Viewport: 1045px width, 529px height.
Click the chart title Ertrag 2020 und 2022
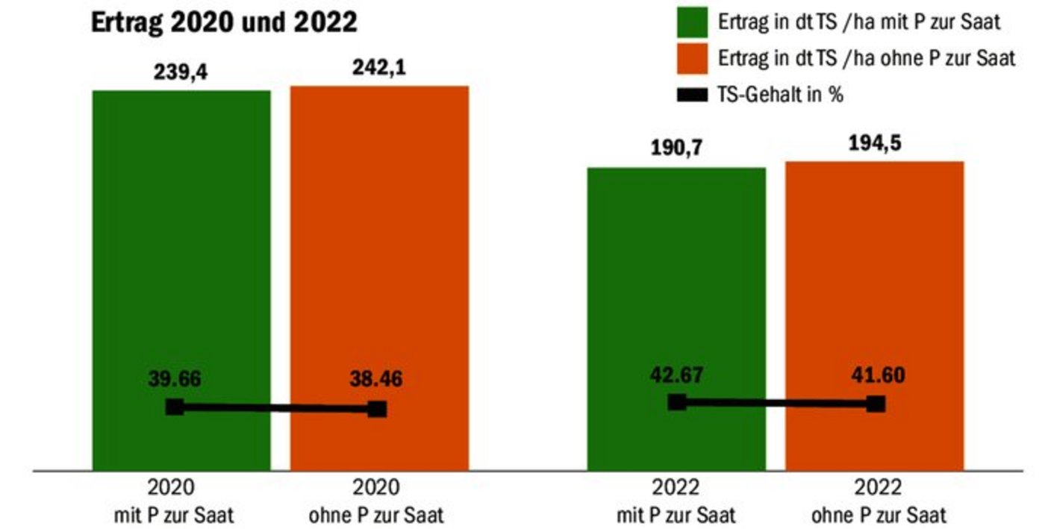pyautogui.click(x=224, y=22)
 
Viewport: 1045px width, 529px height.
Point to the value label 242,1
pyautogui.click(x=379, y=68)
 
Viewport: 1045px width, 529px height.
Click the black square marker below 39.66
pyautogui.click(x=175, y=407)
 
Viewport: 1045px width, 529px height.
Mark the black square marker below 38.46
pyautogui.click(x=378, y=409)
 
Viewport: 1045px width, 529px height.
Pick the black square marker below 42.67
pyautogui.click(x=676, y=402)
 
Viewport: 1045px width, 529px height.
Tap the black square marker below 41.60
pyautogui.click(x=876, y=404)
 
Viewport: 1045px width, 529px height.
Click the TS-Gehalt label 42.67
pyautogui.click(x=676, y=375)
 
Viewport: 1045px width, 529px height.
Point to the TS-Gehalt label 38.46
pyautogui.click(x=376, y=379)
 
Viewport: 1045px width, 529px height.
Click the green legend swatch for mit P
pyautogui.click(x=692, y=22)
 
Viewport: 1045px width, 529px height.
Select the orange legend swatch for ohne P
pyautogui.click(x=692, y=59)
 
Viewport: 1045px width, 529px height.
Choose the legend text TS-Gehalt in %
pyautogui.click(x=781, y=95)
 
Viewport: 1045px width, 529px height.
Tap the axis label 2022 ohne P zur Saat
pyautogui.click(x=879, y=501)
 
